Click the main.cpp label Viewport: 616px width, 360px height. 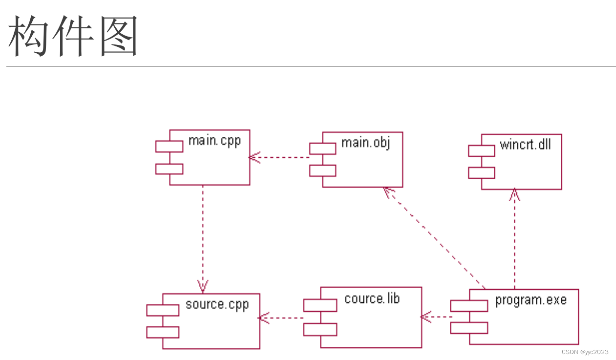[214, 142]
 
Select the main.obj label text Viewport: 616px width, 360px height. [365, 143]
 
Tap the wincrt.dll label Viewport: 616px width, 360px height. [525, 145]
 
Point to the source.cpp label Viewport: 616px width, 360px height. [217, 305]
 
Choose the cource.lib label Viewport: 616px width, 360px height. [372, 298]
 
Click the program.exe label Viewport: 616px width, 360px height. [531, 299]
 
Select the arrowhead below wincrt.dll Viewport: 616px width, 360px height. [514, 194]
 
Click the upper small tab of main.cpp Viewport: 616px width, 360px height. [169, 146]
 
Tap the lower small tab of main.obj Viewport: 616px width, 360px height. [322, 170]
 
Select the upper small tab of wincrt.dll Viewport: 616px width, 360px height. [481, 150]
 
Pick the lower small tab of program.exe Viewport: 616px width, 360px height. [468, 327]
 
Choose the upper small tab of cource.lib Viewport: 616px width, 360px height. [320, 305]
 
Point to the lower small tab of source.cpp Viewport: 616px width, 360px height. [163, 332]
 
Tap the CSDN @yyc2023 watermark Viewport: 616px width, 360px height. [585, 352]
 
